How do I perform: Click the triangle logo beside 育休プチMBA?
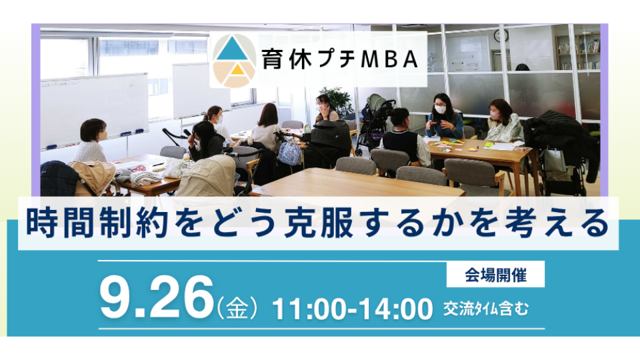click(x=234, y=61)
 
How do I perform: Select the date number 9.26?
click(x=157, y=297)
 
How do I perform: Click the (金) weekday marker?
click(x=237, y=307)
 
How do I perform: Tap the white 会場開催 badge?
click(x=495, y=274)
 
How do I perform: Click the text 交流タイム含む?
click(x=486, y=309)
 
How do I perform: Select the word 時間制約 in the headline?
click(x=97, y=223)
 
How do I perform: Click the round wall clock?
click(x=501, y=35)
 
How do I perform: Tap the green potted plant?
click(x=337, y=102)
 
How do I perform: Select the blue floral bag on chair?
click(x=289, y=151)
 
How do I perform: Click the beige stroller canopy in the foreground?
click(x=205, y=176)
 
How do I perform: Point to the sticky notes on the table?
click(x=445, y=145)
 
